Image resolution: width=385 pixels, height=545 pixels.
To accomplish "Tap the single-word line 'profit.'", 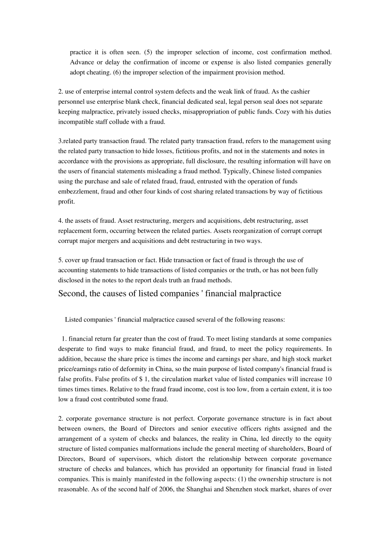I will point(66,202).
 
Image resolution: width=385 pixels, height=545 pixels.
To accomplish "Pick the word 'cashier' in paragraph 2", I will point(301,92).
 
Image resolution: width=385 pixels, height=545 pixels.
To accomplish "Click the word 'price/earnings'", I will point(77,369).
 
